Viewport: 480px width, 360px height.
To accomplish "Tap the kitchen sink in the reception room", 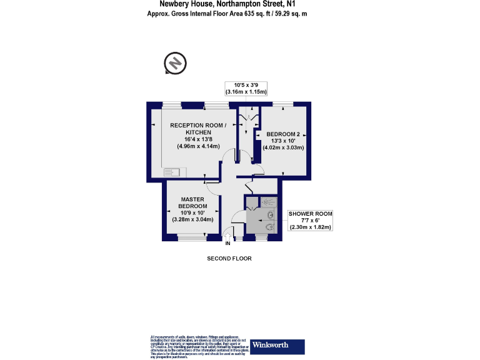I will tap(171, 171).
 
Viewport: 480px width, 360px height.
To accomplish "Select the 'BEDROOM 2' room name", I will tap(283, 134).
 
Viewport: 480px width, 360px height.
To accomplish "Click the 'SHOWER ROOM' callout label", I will tap(310, 214).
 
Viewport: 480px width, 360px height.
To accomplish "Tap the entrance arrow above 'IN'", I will tap(227, 236).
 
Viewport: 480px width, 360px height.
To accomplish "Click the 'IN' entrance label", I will tap(227, 243).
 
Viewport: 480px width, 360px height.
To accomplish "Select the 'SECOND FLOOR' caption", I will tap(229, 258).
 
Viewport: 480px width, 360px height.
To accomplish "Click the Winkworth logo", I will tap(277, 347).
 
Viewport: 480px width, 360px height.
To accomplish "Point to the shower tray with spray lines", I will tap(267, 202).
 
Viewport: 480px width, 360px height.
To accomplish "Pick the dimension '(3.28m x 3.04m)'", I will tap(192, 219).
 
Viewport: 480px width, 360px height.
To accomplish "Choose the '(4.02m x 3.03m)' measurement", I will tap(283, 148).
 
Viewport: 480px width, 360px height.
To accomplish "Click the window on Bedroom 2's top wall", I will tap(282, 104).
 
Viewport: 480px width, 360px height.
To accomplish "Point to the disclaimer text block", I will tap(199, 347).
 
